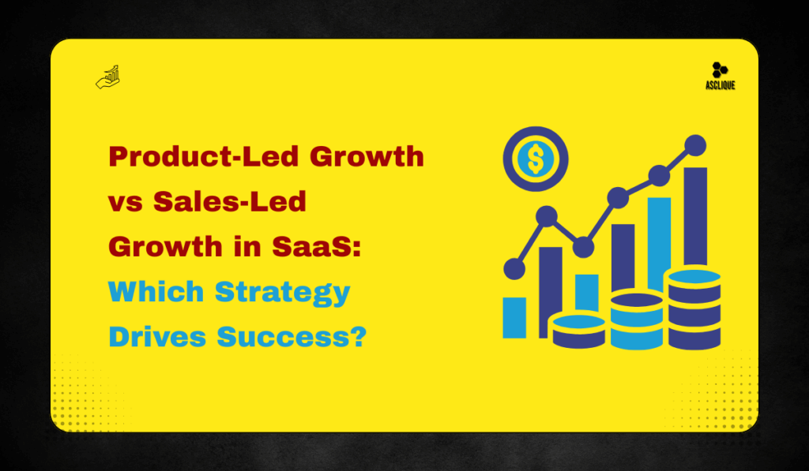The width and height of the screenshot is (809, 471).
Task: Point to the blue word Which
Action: tap(156, 293)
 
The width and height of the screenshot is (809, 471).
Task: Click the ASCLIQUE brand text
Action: tap(721, 85)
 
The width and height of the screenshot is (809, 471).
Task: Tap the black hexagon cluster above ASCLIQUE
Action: tap(720, 70)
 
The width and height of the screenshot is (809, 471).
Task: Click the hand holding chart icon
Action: tap(107, 77)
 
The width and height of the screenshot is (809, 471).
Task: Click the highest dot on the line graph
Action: tap(695, 144)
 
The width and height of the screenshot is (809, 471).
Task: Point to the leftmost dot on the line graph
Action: tap(514, 269)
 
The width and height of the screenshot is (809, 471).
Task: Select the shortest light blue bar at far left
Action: tap(514, 317)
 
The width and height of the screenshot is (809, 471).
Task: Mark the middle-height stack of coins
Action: tap(636, 320)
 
